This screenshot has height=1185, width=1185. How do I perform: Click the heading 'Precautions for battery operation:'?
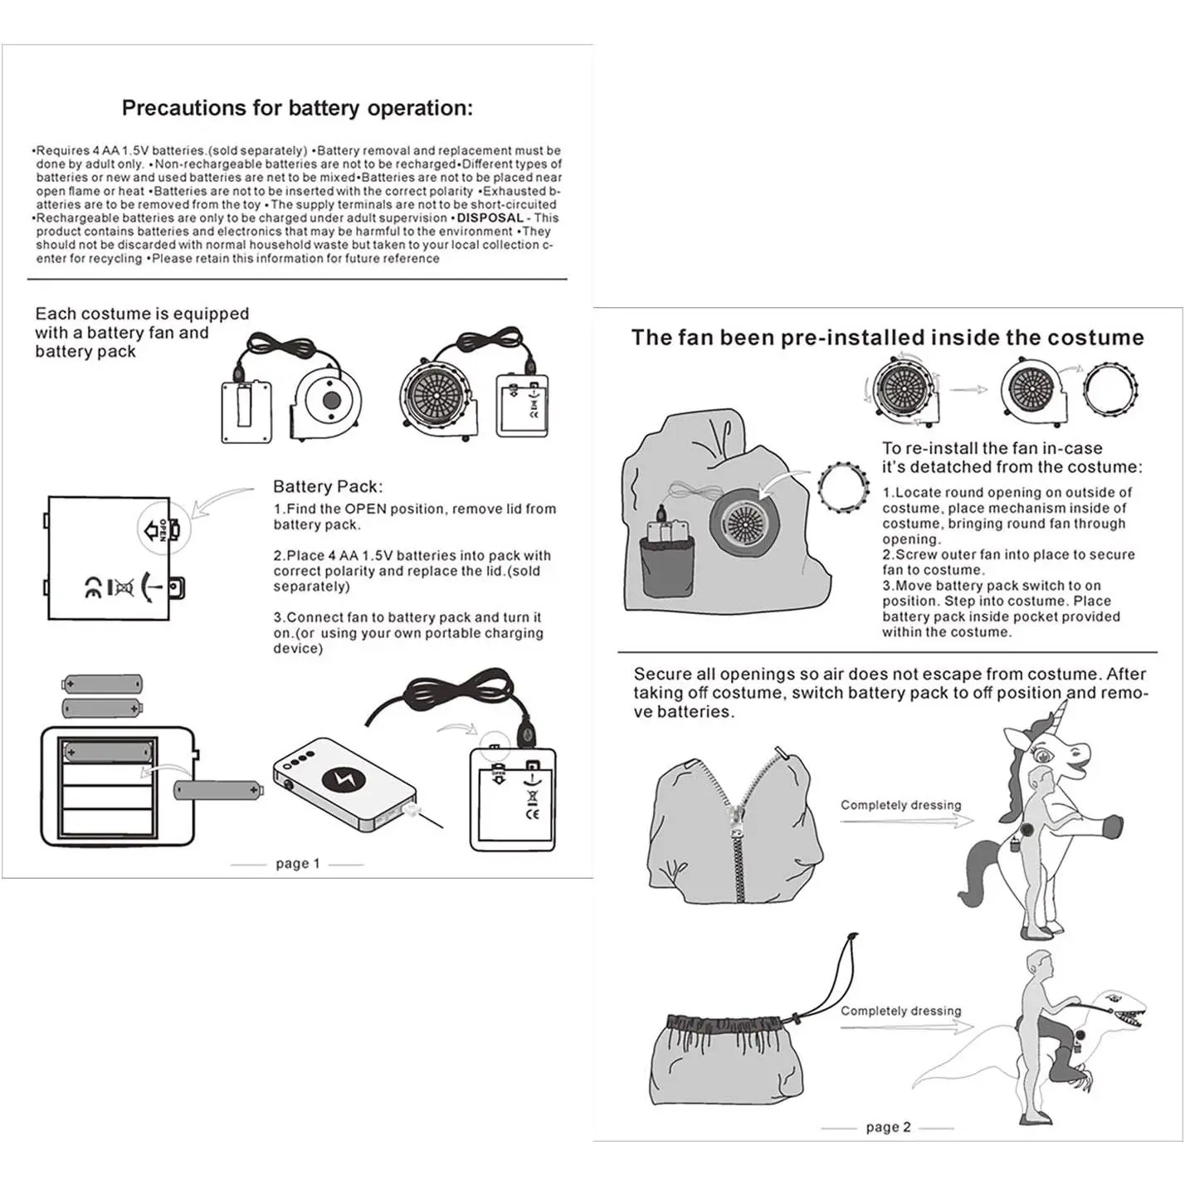click(x=297, y=108)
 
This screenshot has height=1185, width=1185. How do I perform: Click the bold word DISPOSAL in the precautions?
click(x=490, y=218)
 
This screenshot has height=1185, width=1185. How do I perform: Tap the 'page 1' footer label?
click(x=297, y=864)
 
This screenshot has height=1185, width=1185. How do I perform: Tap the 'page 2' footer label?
click(x=888, y=1127)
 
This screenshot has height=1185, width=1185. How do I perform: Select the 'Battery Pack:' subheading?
click(x=328, y=487)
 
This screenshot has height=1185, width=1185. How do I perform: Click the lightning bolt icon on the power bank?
click(x=339, y=779)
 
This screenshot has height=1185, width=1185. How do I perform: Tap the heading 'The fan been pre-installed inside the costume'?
click(x=887, y=338)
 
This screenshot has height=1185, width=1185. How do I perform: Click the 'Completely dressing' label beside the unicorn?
click(x=900, y=805)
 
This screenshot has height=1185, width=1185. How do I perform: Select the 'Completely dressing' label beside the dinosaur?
click(x=900, y=1011)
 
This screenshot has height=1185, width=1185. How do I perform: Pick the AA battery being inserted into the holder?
click(x=218, y=789)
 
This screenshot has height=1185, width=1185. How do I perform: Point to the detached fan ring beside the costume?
click(x=843, y=487)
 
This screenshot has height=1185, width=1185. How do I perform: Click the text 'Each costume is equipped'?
click(x=142, y=314)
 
